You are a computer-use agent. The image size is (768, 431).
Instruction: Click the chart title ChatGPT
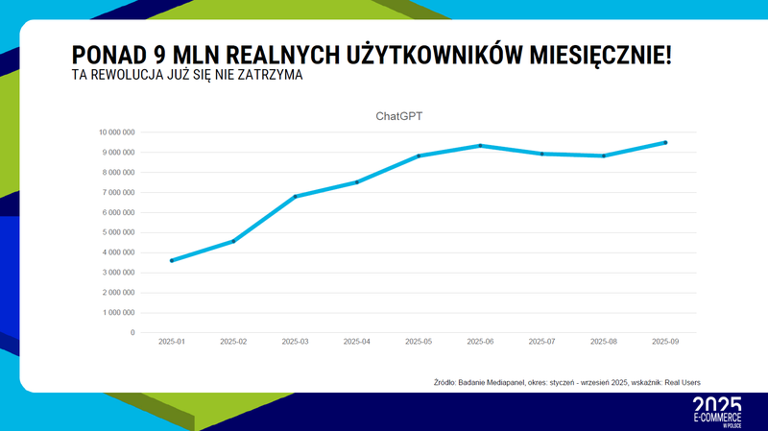398,116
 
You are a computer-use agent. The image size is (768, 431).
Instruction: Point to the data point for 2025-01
172,260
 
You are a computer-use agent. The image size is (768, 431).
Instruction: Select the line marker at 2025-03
295,197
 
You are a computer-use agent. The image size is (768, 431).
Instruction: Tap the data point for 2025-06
480,146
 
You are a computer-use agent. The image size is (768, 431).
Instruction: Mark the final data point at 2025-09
665,143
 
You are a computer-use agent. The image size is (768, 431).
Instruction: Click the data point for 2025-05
419,156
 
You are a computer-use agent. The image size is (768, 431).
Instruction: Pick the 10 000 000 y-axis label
116,132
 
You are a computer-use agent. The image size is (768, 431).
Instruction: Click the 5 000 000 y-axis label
118,232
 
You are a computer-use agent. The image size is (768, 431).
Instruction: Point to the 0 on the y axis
132,333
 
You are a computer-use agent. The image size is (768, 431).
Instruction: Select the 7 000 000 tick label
118,192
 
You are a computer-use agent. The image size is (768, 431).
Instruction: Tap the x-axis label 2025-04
357,342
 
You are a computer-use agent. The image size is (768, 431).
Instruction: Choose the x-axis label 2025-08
604,342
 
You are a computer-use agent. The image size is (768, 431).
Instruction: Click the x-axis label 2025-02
233,342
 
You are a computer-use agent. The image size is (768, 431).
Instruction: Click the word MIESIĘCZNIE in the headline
603,54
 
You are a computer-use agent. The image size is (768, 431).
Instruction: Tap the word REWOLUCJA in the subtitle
133,75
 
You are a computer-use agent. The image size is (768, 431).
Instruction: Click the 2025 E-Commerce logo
717,411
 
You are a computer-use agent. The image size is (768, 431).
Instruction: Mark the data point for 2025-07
542,154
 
